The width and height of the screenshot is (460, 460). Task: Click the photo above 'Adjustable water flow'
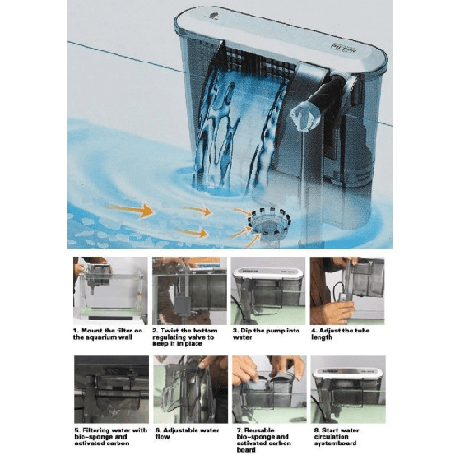coord(190,388)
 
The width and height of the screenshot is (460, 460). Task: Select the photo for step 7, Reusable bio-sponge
coord(267,388)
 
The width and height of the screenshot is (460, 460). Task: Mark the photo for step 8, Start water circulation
coord(346,388)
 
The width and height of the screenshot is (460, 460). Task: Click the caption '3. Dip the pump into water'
coord(267,333)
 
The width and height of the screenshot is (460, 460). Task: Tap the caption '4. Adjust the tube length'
coord(346,333)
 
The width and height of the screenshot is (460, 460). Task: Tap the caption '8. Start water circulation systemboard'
coord(346,432)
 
